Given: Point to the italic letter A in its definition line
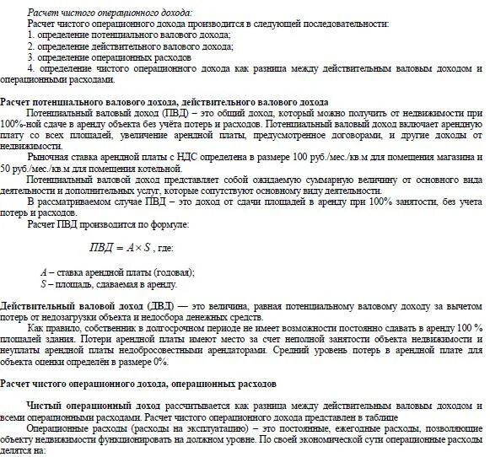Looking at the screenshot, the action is point(43,272).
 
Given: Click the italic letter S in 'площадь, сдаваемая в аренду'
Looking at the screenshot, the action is point(43,284).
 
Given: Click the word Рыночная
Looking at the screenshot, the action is point(51,158).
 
